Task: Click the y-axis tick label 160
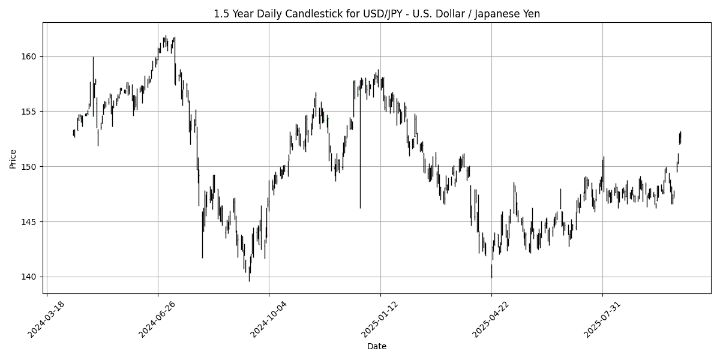(30, 56)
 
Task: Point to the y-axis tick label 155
(30, 112)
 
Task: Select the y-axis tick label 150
(30, 167)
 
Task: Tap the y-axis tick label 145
(30, 222)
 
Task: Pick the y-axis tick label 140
(30, 277)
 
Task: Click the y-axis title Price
(13, 158)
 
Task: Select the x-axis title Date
(376, 346)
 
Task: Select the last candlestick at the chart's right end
(680, 137)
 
